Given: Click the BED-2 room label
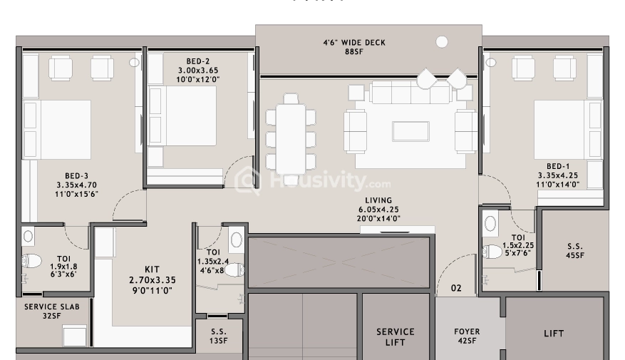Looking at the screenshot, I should coord(197,61).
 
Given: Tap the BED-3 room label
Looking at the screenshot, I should coord(76,175).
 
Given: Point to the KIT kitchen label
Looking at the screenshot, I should coord(151,269).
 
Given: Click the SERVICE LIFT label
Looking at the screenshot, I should coord(396,336).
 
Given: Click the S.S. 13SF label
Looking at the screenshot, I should coord(219,336).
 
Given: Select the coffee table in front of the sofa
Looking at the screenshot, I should coord(410,132).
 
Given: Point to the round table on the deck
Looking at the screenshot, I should coord(442,42).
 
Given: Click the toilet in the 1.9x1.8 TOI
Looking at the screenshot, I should coord(30,263).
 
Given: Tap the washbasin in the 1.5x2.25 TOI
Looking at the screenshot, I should coord(491,224).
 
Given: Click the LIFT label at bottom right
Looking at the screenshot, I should coord(554,333).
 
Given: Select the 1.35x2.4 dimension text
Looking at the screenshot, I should coord(213,261).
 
